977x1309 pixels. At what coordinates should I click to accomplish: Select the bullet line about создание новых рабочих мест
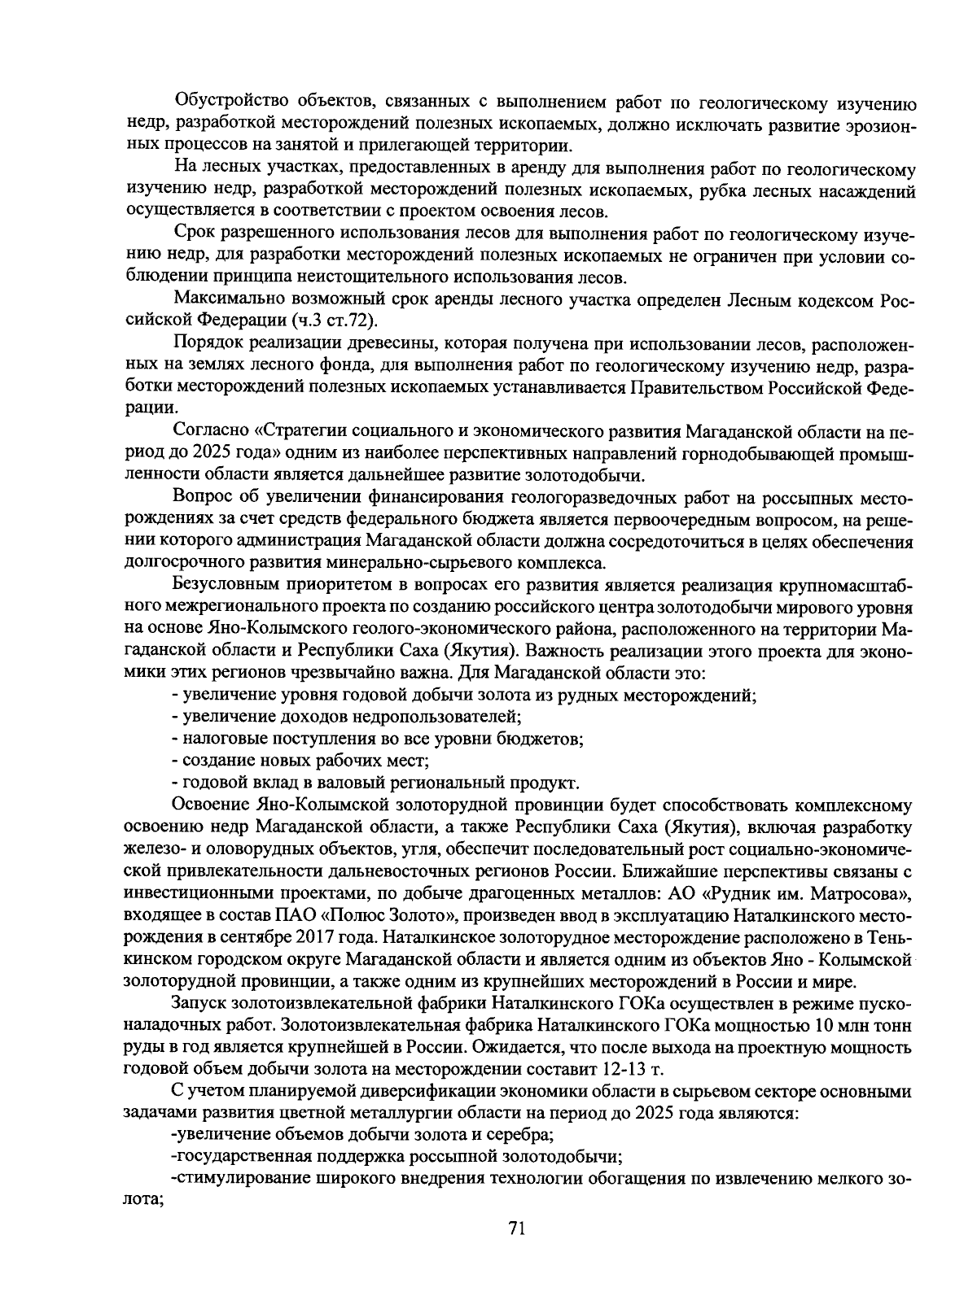click(x=300, y=761)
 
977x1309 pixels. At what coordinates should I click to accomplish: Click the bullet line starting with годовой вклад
click(x=375, y=783)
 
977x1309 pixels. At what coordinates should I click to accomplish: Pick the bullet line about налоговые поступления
click(x=378, y=739)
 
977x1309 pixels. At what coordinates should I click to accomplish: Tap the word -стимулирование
click(x=237, y=1177)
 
